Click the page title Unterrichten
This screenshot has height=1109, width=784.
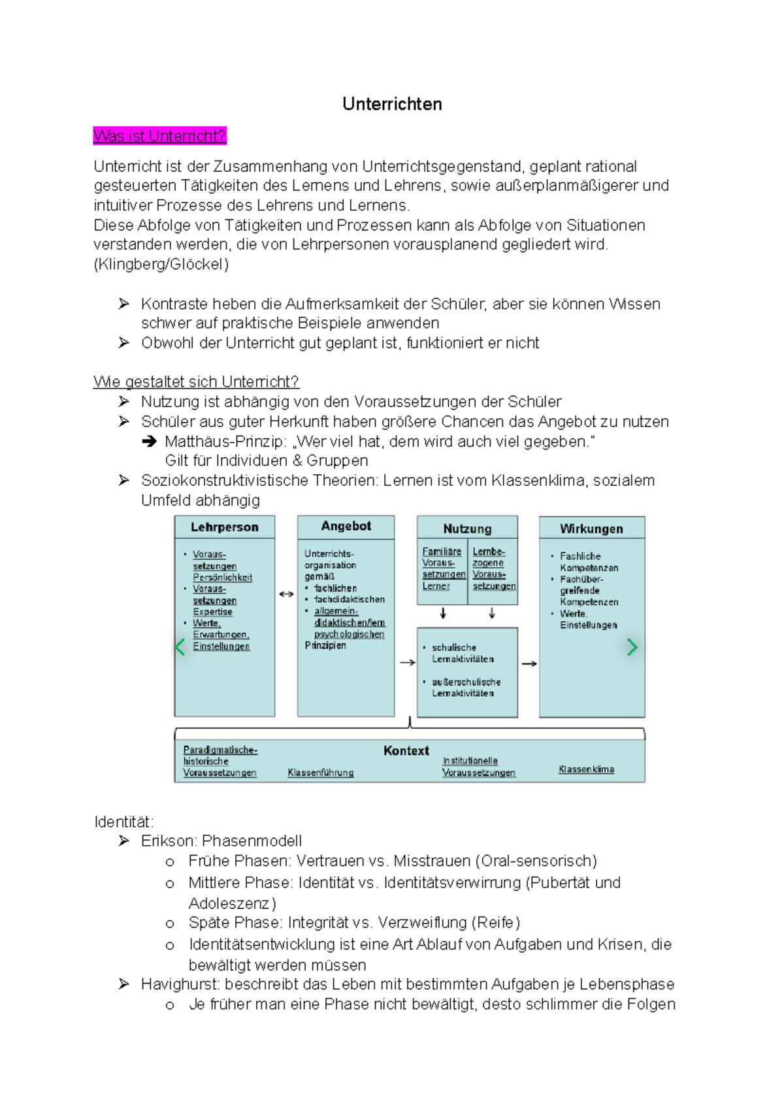pyautogui.click(x=392, y=104)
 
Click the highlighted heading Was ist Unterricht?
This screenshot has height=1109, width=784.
pyautogui.click(x=159, y=136)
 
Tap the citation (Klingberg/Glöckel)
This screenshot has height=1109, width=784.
pyautogui.click(x=161, y=265)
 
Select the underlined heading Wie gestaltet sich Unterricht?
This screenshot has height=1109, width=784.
pyautogui.click(x=196, y=381)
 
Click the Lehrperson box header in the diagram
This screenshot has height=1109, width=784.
pyautogui.click(x=224, y=527)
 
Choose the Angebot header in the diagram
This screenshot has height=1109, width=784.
pyautogui.click(x=346, y=526)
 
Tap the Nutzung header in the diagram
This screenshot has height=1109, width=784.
pyautogui.click(x=467, y=528)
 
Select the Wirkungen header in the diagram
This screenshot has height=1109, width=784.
pyautogui.click(x=591, y=528)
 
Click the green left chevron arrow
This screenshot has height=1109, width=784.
pyautogui.click(x=180, y=647)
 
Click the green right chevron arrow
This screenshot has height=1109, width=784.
pyautogui.click(x=632, y=647)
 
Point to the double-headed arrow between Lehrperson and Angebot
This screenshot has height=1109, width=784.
pyautogui.click(x=286, y=594)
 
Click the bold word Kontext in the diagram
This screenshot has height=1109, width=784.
pyautogui.click(x=406, y=751)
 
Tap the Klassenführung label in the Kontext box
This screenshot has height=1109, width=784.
pyautogui.click(x=321, y=773)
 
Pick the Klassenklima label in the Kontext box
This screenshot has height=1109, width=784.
pyautogui.click(x=586, y=769)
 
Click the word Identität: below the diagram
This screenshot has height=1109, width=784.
pyautogui.click(x=124, y=822)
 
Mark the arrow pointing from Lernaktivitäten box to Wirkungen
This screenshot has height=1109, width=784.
pyautogui.click(x=529, y=664)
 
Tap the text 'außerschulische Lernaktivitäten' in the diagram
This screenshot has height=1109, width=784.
pyautogui.click(x=465, y=687)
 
